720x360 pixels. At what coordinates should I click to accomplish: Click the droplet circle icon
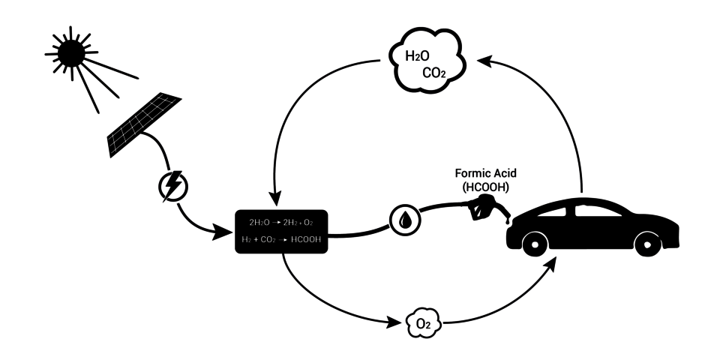(406, 220)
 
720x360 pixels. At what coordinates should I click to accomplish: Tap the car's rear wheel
(533, 242)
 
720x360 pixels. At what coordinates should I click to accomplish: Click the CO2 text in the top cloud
(436, 74)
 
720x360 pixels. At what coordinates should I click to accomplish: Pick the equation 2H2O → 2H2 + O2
(282, 223)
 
